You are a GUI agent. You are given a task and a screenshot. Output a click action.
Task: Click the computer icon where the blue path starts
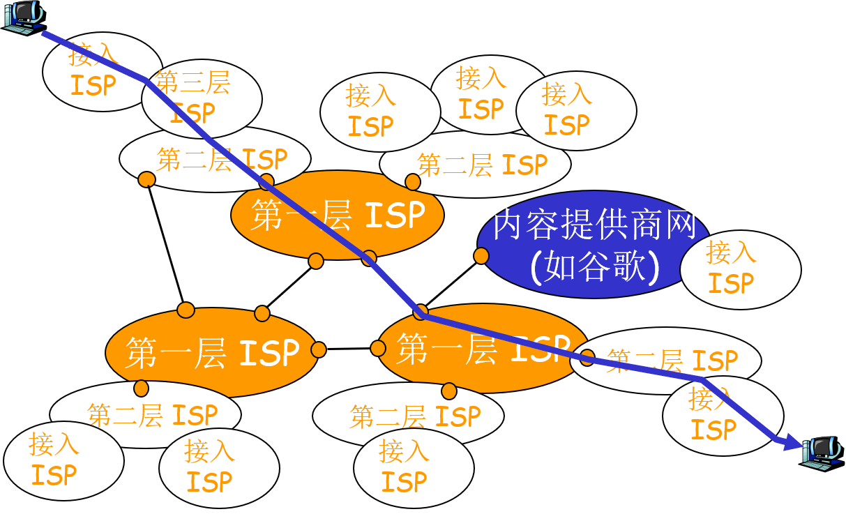pyautogui.click(x=22, y=16)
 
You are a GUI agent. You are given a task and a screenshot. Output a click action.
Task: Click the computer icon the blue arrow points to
pyautogui.click(x=822, y=452)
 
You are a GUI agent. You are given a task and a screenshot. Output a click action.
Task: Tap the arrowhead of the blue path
pyautogui.click(x=794, y=441)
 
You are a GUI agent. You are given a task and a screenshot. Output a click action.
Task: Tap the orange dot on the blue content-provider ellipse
pyautogui.click(x=481, y=256)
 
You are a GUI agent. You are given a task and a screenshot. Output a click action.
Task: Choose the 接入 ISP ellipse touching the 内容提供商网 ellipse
pyautogui.click(x=740, y=269)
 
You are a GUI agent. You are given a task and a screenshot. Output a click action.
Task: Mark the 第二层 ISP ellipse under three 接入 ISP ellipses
pyautogui.click(x=475, y=166)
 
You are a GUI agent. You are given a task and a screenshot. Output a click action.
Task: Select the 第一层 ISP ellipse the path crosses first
pyautogui.click(x=338, y=216)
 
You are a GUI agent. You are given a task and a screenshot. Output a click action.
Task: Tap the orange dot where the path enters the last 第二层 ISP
pyautogui.click(x=587, y=358)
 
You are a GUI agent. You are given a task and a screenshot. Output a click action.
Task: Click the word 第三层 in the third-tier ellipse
pyautogui.click(x=192, y=83)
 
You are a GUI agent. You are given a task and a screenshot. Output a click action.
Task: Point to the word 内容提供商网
pyautogui.click(x=595, y=225)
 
